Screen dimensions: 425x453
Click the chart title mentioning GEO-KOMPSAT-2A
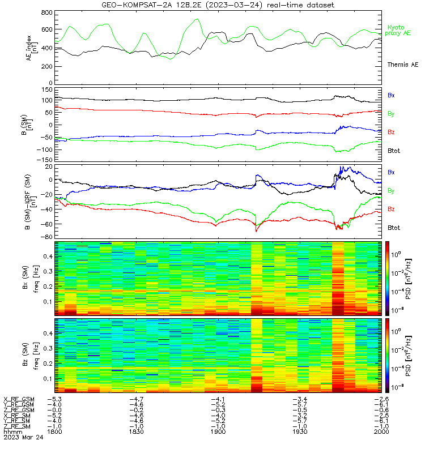[x=218, y=5]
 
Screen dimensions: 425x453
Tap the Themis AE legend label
[x=403, y=65]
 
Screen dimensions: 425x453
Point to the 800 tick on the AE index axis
[x=46, y=12]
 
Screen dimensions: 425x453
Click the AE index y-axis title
[x=32, y=48]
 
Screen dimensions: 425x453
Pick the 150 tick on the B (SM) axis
[x=47, y=90]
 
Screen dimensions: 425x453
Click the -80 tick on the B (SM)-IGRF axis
[x=46, y=237]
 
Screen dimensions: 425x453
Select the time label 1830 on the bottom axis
[x=136, y=431]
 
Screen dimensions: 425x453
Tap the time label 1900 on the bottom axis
[x=218, y=431]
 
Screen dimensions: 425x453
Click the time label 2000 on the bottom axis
[x=381, y=431]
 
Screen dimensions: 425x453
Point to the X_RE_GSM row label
[x=19, y=400]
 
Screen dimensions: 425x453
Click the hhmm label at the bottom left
[x=12, y=431]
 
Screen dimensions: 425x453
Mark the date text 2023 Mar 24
[x=23, y=437]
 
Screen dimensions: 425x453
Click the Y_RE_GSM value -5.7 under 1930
[x=300, y=405]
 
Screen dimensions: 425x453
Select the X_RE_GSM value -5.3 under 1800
[x=54, y=400]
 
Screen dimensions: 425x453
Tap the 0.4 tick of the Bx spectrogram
[x=48, y=257]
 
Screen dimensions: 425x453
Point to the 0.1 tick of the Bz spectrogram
[x=48, y=379]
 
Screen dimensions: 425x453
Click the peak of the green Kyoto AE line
[x=197, y=19]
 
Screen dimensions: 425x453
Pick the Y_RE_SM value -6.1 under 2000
[x=381, y=421]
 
